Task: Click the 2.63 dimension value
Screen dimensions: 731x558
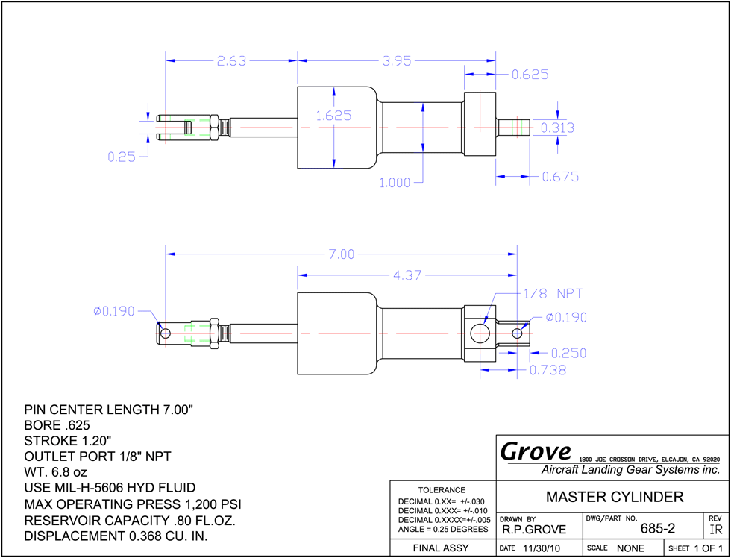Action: [x=231, y=61]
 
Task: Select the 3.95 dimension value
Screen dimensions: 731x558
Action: [x=397, y=61]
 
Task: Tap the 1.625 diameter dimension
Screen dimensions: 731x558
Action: [x=334, y=116]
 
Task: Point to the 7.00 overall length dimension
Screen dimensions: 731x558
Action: [x=342, y=254]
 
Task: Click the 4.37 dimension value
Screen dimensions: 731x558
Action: [x=407, y=275]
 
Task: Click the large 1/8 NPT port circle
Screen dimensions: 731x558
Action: [x=480, y=333]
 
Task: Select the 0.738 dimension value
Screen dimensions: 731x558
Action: [x=548, y=370]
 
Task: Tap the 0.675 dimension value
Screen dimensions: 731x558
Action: [x=560, y=177]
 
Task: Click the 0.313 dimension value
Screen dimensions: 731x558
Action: [x=558, y=128]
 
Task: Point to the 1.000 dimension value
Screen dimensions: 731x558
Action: [x=395, y=184]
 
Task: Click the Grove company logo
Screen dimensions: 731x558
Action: [x=536, y=451]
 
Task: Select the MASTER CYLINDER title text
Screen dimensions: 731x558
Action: [x=615, y=497]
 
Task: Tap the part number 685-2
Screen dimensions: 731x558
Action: [x=657, y=529]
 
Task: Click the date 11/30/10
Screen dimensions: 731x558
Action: [x=539, y=548]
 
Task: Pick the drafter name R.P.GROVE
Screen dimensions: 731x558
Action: [x=534, y=530]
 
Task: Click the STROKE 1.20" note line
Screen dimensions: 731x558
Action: [x=68, y=441]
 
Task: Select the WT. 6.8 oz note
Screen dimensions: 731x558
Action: [x=55, y=472]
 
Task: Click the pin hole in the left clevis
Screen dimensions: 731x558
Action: [x=165, y=333]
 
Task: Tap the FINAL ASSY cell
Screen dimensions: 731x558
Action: [x=441, y=548]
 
